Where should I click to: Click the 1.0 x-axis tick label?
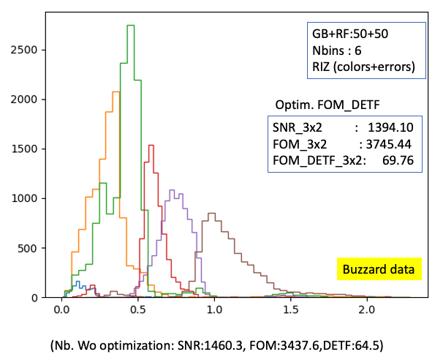tap(214, 310)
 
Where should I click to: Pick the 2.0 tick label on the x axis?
tap(367, 310)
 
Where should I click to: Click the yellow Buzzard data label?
tap(379, 269)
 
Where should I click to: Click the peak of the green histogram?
tap(131, 26)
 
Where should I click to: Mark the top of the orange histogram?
tap(116, 91)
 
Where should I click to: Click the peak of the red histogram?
tap(150, 145)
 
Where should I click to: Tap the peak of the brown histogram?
tap(211, 214)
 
